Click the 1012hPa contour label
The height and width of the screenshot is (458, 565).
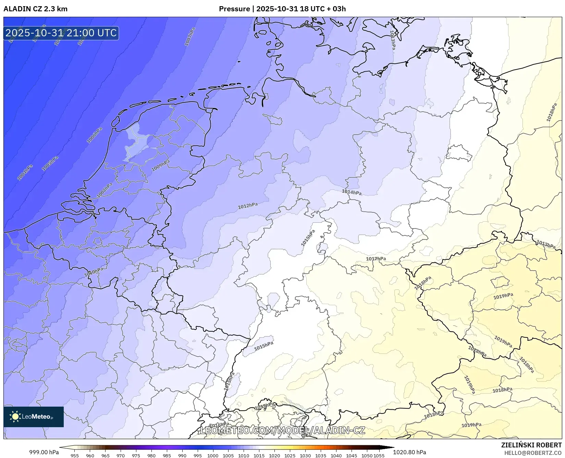coord(248,206)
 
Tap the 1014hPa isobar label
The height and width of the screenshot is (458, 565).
coord(352,192)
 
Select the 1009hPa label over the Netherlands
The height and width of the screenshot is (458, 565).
coord(160,165)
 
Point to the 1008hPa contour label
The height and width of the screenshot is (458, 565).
coord(105,190)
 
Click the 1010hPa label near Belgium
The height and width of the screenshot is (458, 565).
coord(94,272)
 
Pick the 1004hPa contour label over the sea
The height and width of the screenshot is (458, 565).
coord(25,172)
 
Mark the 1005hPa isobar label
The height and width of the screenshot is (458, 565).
coord(50,163)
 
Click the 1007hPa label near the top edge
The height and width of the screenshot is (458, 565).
coord(189,37)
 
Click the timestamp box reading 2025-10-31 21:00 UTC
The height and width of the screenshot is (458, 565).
coord(61,33)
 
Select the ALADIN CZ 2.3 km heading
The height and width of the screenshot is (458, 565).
coord(35,9)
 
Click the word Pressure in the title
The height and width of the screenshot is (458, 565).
coord(234,9)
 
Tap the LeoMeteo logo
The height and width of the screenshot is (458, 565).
coord(34,417)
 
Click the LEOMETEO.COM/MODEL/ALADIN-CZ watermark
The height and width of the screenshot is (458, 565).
coord(283,430)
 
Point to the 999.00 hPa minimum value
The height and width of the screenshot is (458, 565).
coord(44,452)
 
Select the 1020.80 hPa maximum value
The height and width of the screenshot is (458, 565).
coord(409,452)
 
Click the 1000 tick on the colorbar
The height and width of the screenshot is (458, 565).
coord(213,456)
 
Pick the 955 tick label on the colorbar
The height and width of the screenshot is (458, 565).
coord(74,456)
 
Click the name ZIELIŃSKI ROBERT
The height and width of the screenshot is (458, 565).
coord(531,445)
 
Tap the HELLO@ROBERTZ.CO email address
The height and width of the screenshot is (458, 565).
coord(533,453)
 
